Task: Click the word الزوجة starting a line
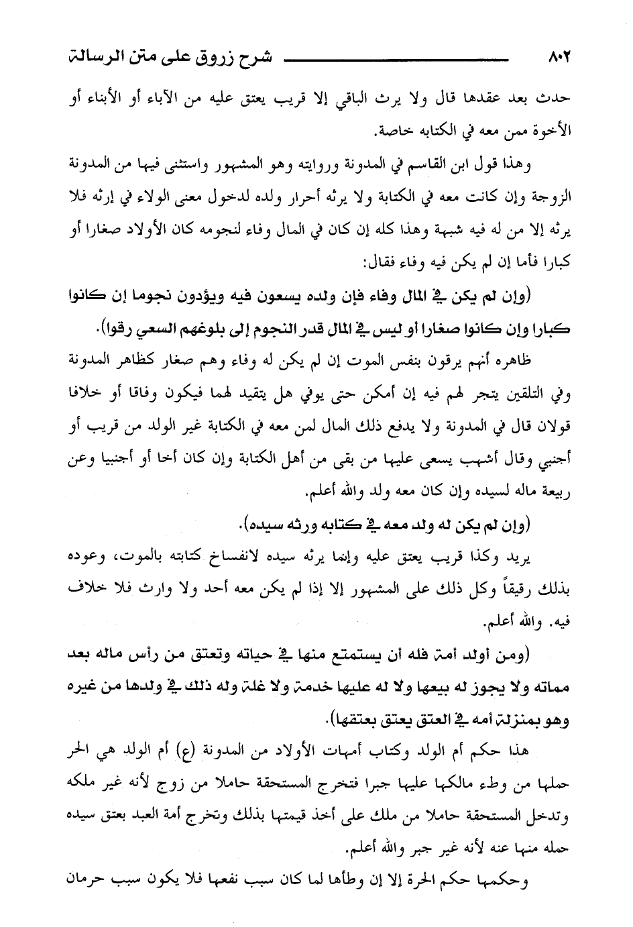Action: coord(550,199)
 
